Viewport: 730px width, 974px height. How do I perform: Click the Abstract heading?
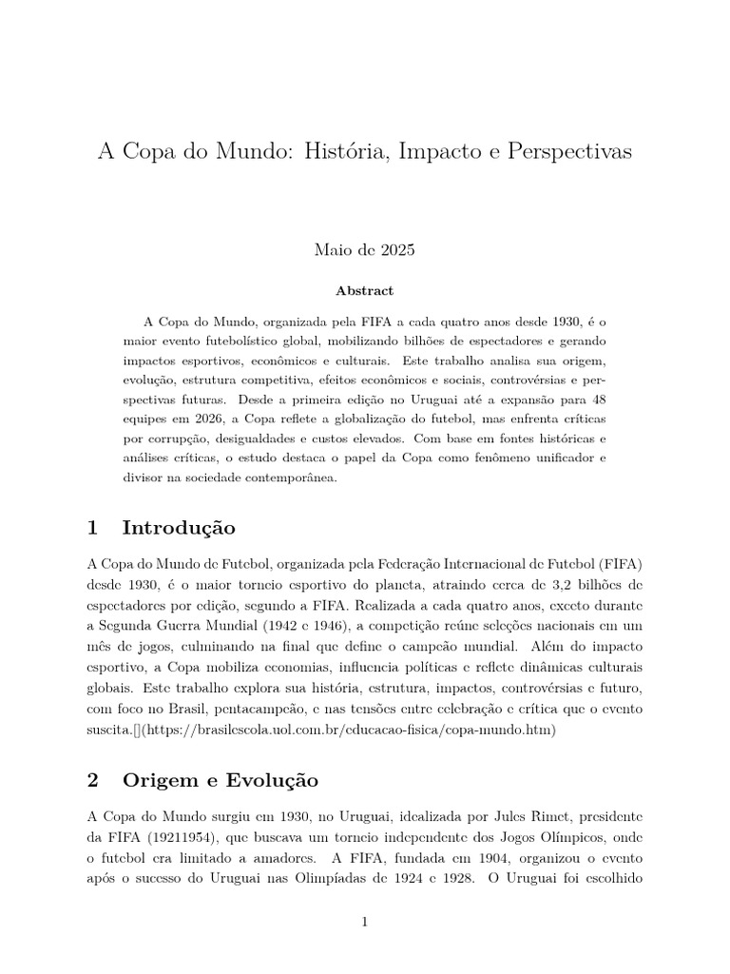pyautogui.click(x=364, y=291)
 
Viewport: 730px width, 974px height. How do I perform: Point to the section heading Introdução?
pyautogui.click(x=179, y=527)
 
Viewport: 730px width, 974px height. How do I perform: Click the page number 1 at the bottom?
pyautogui.click(x=365, y=922)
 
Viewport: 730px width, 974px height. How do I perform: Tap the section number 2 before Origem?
pyautogui.click(x=92, y=780)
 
